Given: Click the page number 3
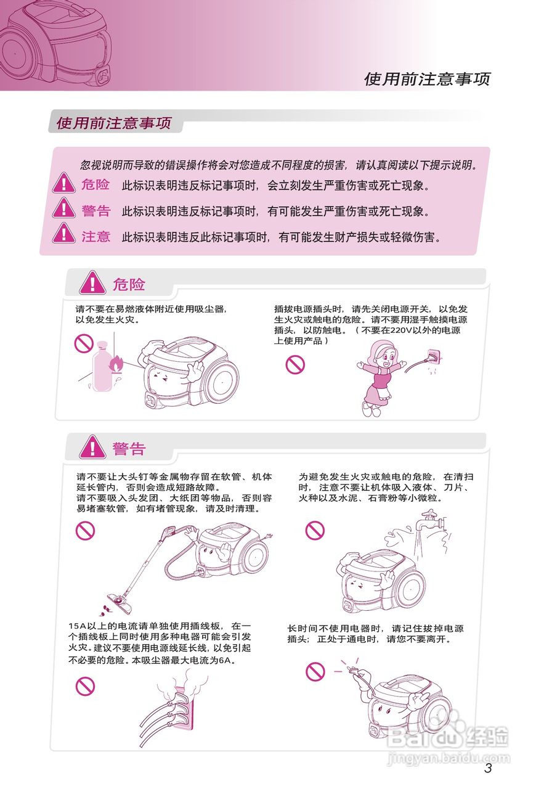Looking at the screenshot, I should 488,768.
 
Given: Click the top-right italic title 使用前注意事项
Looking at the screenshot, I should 426,79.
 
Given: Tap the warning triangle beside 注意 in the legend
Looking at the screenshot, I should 63,234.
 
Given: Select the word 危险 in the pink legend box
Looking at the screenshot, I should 95,184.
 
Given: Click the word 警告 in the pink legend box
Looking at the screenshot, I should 95,210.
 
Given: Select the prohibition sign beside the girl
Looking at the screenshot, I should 295,365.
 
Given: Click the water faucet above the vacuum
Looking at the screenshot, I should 428,523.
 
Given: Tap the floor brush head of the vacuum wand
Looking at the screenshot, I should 116,598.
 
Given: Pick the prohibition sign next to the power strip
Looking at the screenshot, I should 85,685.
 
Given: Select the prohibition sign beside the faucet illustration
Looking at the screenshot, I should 315,529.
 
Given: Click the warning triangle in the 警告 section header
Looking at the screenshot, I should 92,448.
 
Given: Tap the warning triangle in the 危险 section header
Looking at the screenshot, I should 92,283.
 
